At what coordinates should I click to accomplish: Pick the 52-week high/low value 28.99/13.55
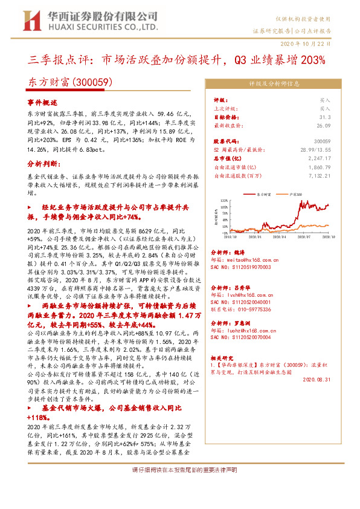point(315,148)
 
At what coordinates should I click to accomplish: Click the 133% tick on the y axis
point(223,199)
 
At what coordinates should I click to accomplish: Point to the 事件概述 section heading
point(43,103)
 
